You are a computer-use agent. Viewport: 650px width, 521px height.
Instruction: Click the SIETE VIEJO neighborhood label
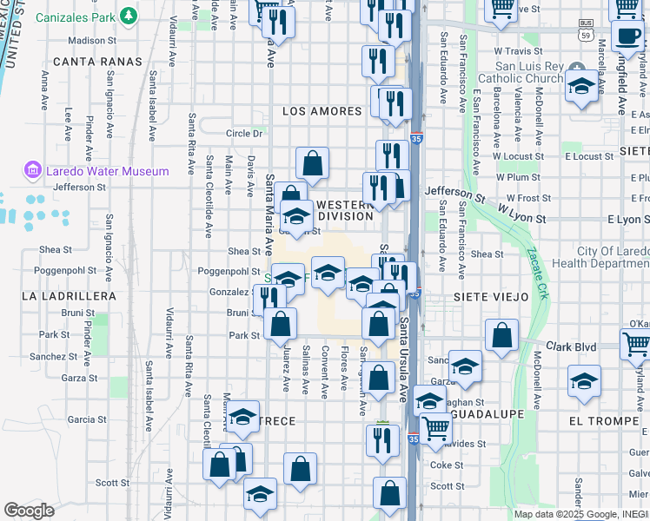click(491, 297)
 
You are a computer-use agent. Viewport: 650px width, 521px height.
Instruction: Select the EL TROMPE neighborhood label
click(599, 420)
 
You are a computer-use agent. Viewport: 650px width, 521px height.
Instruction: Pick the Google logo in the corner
click(29, 511)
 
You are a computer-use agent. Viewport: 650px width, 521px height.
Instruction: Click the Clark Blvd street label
click(571, 346)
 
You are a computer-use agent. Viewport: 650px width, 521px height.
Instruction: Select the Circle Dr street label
click(244, 134)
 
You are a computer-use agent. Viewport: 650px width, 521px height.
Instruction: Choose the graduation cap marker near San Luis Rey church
click(580, 87)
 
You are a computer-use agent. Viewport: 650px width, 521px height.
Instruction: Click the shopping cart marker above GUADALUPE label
click(435, 428)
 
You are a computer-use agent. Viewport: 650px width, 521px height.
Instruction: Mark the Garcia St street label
click(87, 419)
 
